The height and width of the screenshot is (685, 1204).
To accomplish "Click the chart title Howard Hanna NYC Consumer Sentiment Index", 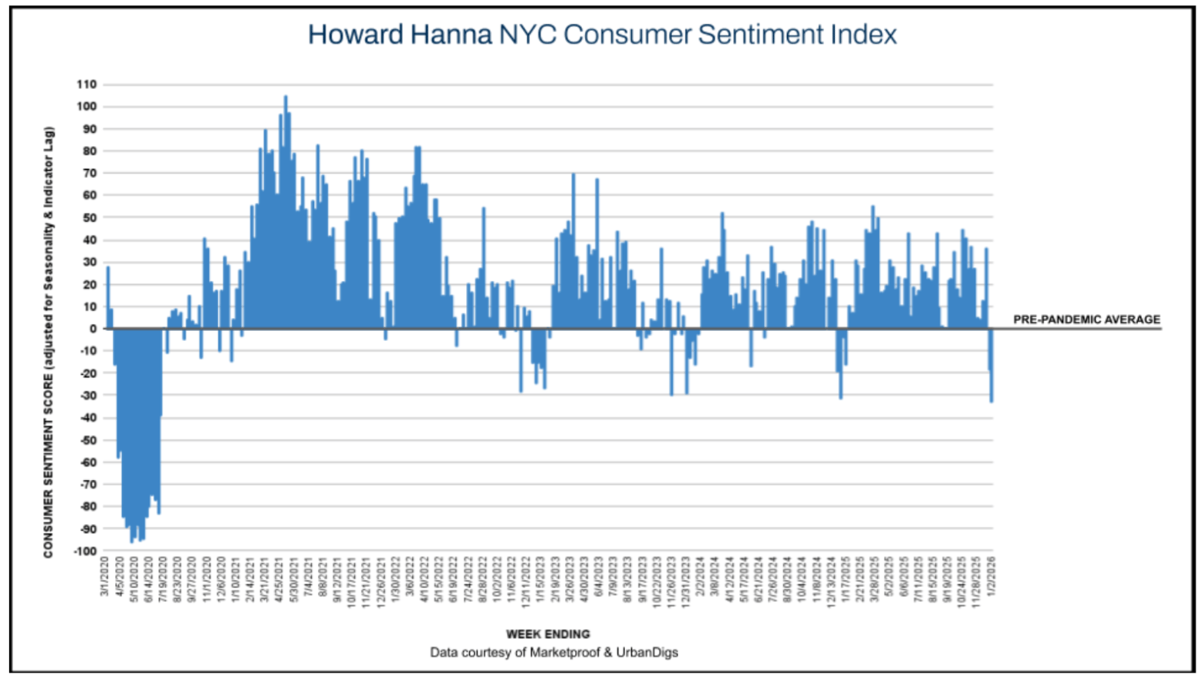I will coord(602,35).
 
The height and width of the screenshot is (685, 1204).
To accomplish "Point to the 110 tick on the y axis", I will coord(87,84).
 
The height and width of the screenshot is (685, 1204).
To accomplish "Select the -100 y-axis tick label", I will coord(85,551).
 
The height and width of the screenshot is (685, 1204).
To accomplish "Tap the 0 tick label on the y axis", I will coord(93,329).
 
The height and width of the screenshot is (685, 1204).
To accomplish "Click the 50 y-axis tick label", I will coord(90,218).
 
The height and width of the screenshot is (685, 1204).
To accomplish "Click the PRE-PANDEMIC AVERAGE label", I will coord(1087,319).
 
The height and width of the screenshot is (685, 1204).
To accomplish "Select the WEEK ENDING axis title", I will coord(547,634).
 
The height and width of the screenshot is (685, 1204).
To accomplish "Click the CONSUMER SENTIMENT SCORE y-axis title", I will coord(48,342).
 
